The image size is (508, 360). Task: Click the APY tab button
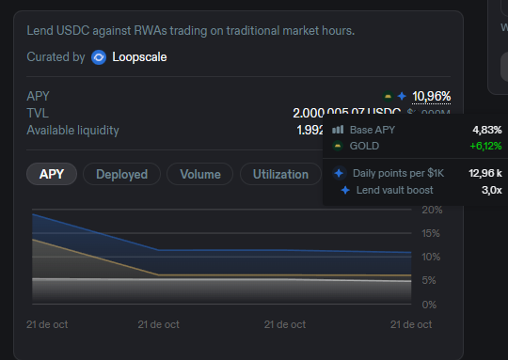[53, 174]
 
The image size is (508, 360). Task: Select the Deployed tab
[121, 174]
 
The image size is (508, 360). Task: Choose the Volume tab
[200, 174]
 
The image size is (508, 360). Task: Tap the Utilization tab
[279, 174]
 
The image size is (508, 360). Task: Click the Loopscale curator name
[139, 57]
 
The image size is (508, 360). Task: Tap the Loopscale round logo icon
[99, 57]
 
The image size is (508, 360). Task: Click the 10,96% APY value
[432, 96]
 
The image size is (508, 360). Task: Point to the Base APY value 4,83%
[487, 129]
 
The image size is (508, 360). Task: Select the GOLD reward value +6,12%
[485, 146]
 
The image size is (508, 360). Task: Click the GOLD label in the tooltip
[364, 146]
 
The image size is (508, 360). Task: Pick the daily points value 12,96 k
[485, 173]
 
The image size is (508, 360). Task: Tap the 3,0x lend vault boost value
[491, 190]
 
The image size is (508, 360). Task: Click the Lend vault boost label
[394, 190]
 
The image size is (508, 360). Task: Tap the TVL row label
[38, 113]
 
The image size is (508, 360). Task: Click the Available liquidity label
[73, 130]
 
